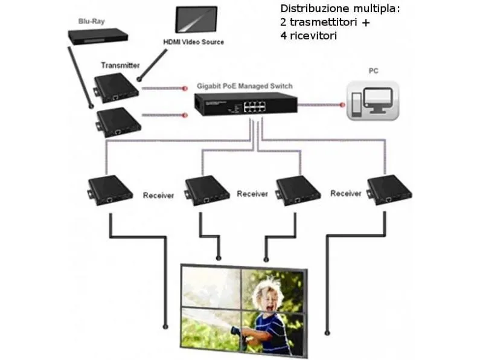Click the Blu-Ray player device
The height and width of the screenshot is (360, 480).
click(x=98, y=36)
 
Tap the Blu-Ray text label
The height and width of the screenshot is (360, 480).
click(x=92, y=21)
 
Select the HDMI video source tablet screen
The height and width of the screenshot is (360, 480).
click(x=196, y=19)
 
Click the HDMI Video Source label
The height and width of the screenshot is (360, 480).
click(x=193, y=42)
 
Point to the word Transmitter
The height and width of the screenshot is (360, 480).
click(x=120, y=65)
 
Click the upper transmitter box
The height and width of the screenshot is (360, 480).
click(x=116, y=88)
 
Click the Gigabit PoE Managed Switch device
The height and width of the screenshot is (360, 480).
click(x=246, y=104)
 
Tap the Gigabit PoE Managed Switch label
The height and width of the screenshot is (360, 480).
click(x=245, y=86)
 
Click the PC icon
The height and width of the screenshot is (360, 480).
click(x=373, y=101)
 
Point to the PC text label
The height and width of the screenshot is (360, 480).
click(x=374, y=71)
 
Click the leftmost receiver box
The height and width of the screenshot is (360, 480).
click(x=110, y=190)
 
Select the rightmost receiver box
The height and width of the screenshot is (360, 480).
click(x=389, y=190)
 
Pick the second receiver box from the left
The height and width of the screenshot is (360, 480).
click(x=207, y=190)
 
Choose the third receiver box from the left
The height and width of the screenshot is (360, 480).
click(x=298, y=190)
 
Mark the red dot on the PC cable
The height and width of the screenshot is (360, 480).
click(x=342, y=105)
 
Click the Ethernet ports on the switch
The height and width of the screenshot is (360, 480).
click(x=254, y=106)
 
